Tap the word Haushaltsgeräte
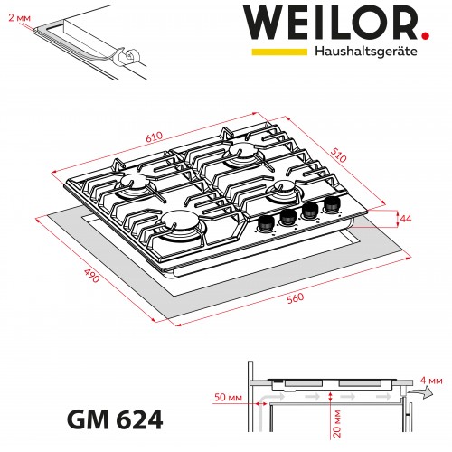(365, 52)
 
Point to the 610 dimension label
(155, 137)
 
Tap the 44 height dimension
(406, 219)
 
